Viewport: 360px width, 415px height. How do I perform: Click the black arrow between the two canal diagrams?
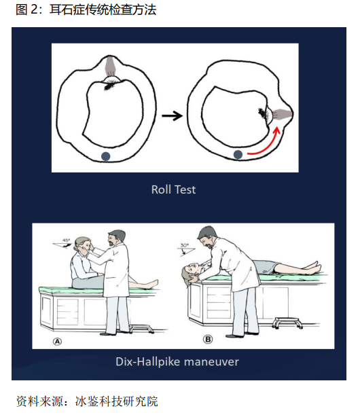[172, 115]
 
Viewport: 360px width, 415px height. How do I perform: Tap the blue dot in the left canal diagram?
[106, 156]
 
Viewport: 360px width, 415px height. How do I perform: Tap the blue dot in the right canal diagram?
[238, 154]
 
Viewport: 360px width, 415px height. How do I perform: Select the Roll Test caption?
[174, 190]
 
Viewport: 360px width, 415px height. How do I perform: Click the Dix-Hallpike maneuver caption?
[177, 361]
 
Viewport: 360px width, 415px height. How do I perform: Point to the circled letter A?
[58, 342]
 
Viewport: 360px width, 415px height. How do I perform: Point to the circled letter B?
[208, 339]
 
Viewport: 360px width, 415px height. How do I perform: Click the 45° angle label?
[66, 240]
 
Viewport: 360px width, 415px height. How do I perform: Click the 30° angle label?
[185, 245]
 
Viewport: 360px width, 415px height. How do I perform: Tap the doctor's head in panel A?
[116, 238]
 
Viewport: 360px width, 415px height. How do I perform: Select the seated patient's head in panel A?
[83, 245]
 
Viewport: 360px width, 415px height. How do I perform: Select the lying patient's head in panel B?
[190, 272]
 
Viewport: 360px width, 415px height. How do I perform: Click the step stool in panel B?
[287, 323]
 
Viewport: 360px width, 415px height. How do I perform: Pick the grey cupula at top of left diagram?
[110, 65]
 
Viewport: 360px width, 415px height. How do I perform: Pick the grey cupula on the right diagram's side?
[282, 114]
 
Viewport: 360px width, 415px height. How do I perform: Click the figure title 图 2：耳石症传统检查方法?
[86, 10]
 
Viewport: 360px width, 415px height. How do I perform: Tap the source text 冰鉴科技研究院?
[116, 401]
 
